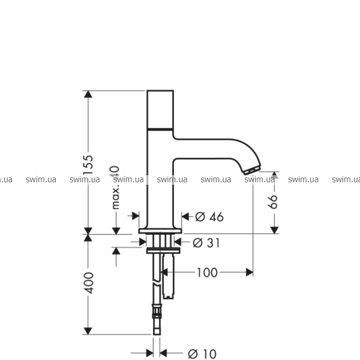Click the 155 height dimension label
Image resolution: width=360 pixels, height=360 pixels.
click(x=88, y=164)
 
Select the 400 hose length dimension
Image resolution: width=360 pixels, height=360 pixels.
click(x=88, y=283)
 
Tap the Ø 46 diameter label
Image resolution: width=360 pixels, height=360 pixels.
click(x=209, y=217)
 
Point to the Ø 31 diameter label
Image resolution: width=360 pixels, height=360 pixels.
click(x=206, y=242)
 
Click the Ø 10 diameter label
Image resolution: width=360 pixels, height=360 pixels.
click(x=202, y=354)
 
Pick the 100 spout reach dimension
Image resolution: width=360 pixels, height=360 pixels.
click(x=207, y=272)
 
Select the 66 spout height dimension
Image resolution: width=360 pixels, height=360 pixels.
click(x=273, y=202)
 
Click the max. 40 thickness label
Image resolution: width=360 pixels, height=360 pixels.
click(x=115, y=188)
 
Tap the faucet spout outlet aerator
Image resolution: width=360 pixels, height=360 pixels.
click(x=252, y=170)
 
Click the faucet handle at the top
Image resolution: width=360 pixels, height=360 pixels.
click(x=160, y=110)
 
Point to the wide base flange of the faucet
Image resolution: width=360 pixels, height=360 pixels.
click(x=160, y=231)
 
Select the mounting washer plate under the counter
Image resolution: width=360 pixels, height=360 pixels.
click(x=163, y=251)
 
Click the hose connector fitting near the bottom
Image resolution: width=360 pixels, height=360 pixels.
click(x=157, y=311)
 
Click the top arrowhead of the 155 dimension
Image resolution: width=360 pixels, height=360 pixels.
click(x=88, y=94)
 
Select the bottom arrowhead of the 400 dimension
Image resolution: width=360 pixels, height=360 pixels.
click(x=88, y=331)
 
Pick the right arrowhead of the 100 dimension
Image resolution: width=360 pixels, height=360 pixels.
click(x=250, y=272)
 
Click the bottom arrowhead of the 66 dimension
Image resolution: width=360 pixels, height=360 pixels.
click(x=274, y=230)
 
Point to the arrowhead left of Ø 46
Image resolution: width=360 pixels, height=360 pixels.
click(x=136, y=216)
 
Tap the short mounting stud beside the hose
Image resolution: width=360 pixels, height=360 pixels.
click(x=169, y=277)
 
